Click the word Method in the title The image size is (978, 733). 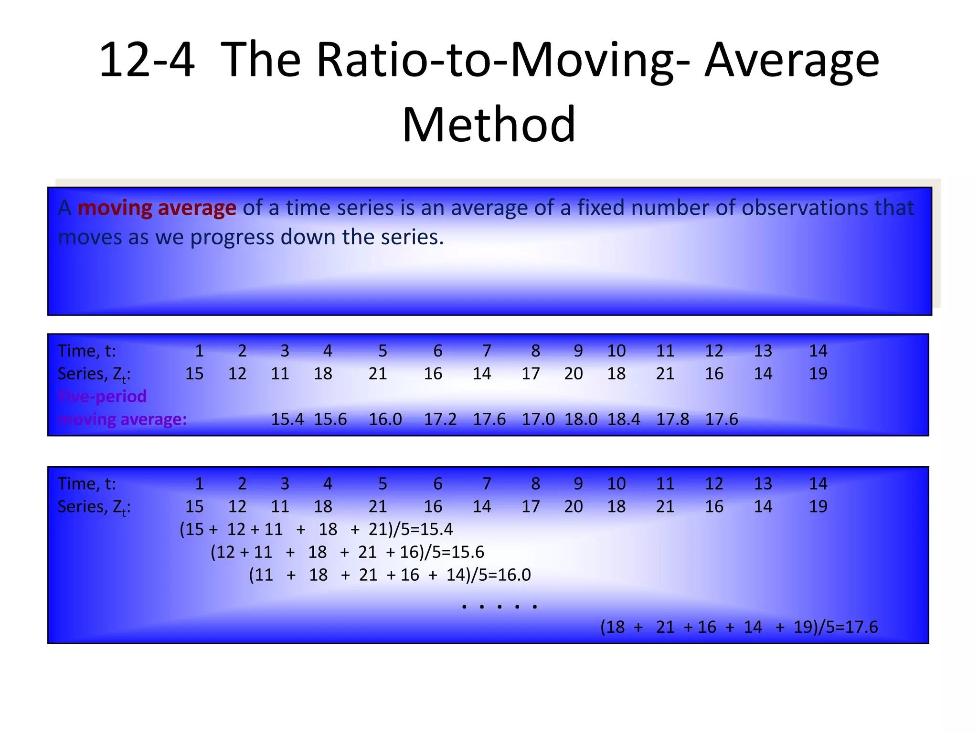[x=489, y=125]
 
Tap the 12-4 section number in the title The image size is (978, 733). [x=147, y=61]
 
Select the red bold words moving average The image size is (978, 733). [x=157, y=208]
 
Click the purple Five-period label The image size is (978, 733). [x=102, y=397]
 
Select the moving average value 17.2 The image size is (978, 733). [x=440, y=419]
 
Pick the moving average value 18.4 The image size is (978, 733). [x=624, y=419]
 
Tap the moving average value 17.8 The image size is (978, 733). [x=672, y=419]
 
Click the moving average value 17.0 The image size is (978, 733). [x=538, y=419]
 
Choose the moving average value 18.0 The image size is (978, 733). [x=581, y=419]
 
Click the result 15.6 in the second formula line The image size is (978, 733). [x=468, y=552]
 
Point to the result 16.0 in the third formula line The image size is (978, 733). [x=514, y=575]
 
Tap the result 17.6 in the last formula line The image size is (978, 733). [x=861, y=627]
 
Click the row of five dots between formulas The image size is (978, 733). [x=500, y=607]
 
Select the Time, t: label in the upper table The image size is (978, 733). [x=86, y=351]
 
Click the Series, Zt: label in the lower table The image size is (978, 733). [x=94, y=507]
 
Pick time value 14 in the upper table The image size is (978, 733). [x=818, y=351]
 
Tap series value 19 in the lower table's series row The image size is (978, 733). [x=818, y=506]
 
